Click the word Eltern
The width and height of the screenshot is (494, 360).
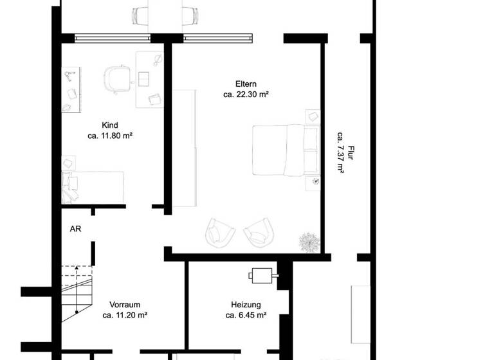point(246,84)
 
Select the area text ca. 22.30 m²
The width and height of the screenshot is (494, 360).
point(246,94)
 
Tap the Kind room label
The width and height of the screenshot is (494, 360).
point(110,125)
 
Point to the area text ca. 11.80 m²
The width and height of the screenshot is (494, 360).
point(110,136)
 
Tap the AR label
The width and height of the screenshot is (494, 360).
point(75,228)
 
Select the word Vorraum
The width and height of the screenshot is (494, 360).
point(125,305)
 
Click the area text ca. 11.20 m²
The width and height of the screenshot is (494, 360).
point(125,316)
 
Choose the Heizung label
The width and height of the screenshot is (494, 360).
point(246,305)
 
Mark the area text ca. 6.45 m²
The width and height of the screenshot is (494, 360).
point(246,316)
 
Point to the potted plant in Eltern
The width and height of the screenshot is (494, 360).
point(309,242)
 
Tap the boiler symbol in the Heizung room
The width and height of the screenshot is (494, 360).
point(262,275)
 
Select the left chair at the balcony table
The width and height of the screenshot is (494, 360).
point(140,15)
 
